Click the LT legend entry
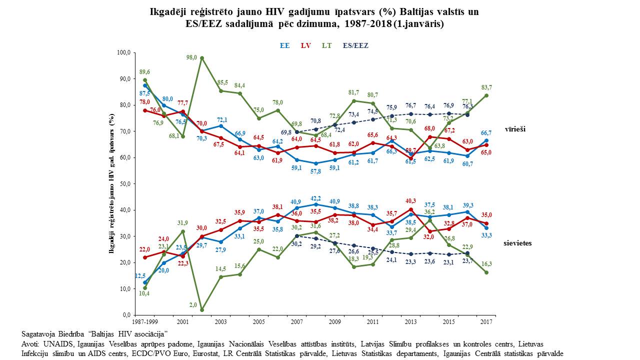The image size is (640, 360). pyautogui.click(x=326, y=45)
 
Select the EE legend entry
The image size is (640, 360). pyautogui.click(x=285, y=45)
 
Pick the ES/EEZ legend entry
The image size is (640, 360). pyautogui.click(x=355, y=45)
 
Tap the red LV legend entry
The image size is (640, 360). pyautogui.click(x=306, y=45)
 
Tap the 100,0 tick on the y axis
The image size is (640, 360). pyautogui.click(x=123, y=52)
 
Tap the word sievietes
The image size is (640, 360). pyautogui.click(x=517, y=243)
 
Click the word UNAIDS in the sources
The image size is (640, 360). pyautogui.click(x=57, y=344)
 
